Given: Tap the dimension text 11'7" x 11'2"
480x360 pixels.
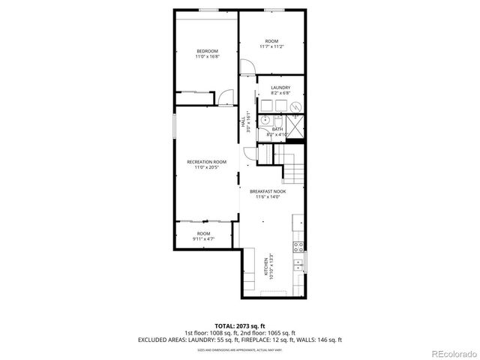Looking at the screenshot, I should tap(271, 46).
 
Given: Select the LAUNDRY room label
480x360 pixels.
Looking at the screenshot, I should tap(280, 88).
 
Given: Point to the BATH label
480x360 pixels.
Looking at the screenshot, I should tap(277, 129).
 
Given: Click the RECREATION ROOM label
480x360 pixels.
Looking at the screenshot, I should tap(206, 161).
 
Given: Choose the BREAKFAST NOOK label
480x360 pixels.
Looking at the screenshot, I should tap(268, 191).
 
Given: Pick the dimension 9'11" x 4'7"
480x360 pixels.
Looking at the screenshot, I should tap(203, 238).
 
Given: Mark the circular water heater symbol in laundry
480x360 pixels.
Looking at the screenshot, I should tap(296, 106).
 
